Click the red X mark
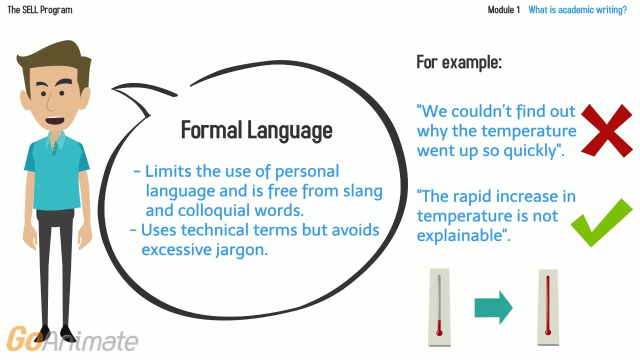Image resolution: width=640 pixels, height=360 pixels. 606,130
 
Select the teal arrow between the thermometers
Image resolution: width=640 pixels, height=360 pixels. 493,307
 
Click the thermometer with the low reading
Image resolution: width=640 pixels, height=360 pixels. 439,307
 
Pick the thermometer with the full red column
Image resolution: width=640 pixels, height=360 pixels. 548,307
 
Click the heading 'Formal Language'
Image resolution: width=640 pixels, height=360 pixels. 256,130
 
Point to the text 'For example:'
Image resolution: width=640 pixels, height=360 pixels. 459,62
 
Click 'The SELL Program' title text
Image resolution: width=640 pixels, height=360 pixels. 40,10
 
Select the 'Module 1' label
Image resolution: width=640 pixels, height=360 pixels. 503,10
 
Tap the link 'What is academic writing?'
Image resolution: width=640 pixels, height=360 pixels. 577,10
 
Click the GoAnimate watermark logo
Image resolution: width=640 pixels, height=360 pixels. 72,339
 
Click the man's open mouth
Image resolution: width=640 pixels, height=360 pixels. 55,120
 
